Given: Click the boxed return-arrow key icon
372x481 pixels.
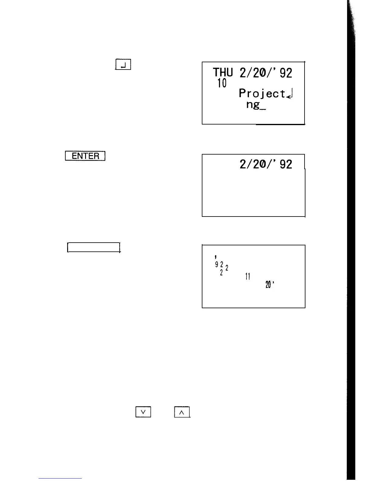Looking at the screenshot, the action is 123,65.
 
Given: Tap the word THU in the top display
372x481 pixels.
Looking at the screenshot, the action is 223,73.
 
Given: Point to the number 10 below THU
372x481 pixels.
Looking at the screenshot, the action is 222,83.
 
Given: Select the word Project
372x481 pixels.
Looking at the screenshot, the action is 262,93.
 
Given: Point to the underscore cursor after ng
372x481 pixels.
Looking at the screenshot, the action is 263,109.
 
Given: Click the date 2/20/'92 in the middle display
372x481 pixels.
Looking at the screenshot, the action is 266,164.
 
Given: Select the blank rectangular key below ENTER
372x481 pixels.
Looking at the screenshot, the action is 94,247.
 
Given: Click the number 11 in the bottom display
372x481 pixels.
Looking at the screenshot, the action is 247,276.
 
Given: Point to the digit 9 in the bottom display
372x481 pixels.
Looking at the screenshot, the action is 217,264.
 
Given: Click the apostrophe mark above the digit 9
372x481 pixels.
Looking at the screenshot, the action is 215,258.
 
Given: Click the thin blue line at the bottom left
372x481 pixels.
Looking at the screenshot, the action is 60,478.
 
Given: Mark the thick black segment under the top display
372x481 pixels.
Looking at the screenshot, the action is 280,124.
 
